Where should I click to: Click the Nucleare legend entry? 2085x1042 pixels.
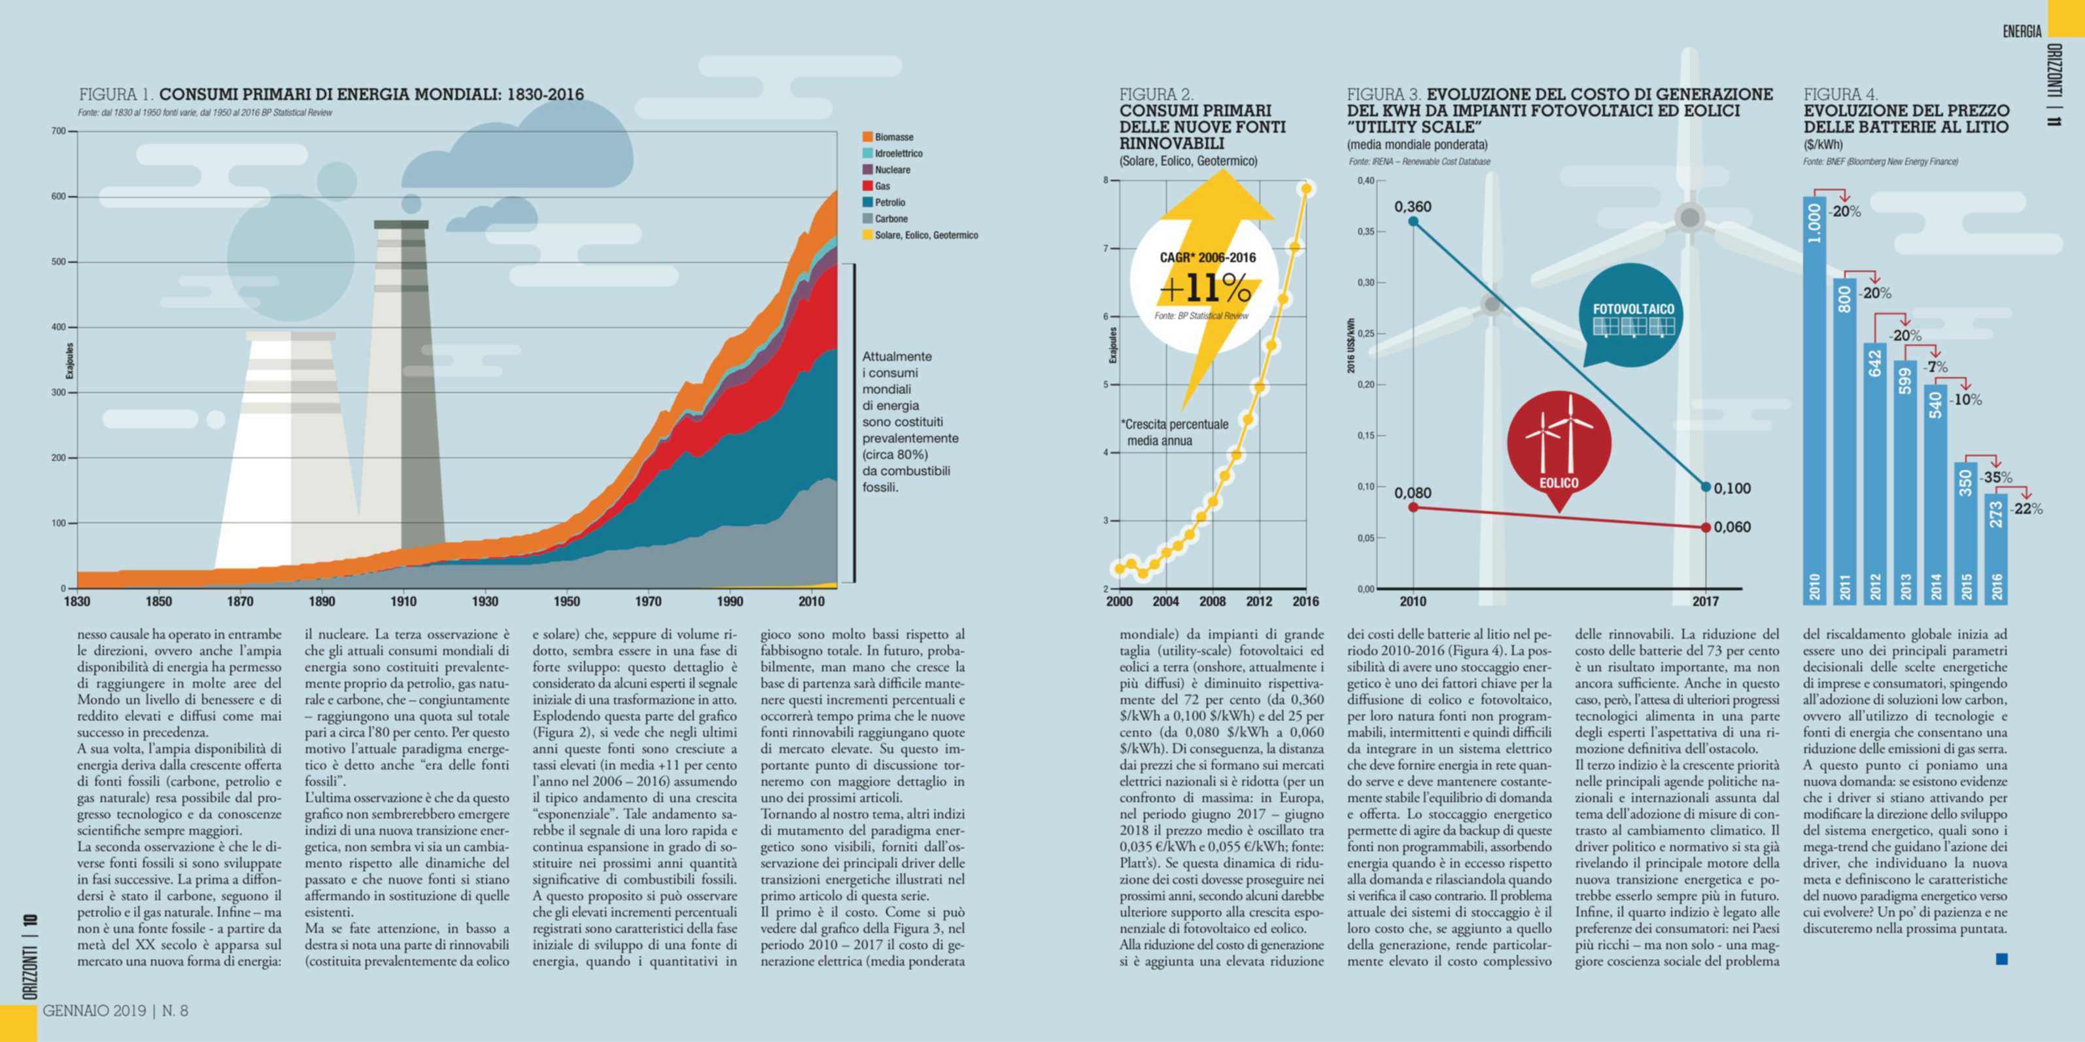[892, 170]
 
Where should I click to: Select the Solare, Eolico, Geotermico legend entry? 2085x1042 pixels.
[926, 235]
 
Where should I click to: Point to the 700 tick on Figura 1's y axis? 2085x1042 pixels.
[58, 131]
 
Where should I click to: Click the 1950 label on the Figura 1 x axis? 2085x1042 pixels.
[566, 602]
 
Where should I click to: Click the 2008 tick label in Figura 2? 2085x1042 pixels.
[1213, 602]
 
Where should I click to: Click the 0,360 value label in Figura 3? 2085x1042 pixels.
[1413, 207]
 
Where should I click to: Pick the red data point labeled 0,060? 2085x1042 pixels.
[1706, 528]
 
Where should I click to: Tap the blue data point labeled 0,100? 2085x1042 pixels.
[1706, 487]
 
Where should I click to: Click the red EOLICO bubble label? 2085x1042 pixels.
[1559, 483]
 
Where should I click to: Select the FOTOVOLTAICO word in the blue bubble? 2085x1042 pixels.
[1633, 309]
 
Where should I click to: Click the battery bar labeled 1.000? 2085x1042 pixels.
[1815, 399]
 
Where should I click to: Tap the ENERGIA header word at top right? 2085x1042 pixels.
[2022, 31]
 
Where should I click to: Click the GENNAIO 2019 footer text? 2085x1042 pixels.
[94, 1011]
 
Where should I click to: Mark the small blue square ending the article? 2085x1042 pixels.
[2003, 960]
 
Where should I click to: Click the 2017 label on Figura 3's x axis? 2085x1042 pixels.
[1706, 602]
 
